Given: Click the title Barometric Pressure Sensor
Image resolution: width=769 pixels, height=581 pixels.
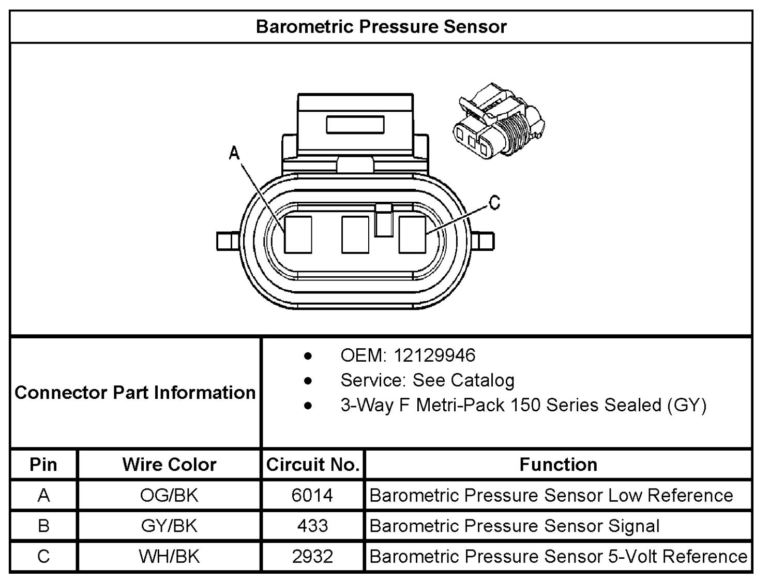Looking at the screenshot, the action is [x=381, y=26].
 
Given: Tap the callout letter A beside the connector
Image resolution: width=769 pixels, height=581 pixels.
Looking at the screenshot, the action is [x=234, y=153].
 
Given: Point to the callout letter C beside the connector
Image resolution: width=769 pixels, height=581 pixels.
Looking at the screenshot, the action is [x=494, y=202].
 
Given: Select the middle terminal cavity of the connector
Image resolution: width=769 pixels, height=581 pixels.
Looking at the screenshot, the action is [x=355, y=234].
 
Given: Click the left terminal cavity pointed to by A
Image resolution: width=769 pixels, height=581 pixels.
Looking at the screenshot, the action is [x=298, y=234].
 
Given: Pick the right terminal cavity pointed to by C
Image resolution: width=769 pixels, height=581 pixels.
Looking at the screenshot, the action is [x=412, y=234].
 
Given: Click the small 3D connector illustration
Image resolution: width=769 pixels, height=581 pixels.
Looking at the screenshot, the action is [x=499, y=122].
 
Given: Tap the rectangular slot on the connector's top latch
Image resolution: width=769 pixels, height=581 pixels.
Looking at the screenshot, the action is [x=355, y=125].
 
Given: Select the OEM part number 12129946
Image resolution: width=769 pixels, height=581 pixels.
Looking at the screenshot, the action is [x=434, y=355].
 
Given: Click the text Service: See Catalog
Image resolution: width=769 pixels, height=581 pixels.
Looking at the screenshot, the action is [x=427, y=380].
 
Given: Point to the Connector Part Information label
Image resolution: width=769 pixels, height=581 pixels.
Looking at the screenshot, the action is [x=135, y=392].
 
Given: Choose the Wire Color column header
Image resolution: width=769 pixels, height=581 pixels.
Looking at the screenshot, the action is [x=170, y=464].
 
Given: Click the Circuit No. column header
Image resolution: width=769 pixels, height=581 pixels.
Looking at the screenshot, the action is [x=313, y=464].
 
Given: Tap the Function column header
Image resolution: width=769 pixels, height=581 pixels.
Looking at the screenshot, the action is [x=559, y=464].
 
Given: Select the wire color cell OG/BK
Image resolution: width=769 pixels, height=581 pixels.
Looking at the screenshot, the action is [x=169, y=495].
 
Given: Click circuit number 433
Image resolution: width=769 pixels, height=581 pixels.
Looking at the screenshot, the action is [x=312, y=526].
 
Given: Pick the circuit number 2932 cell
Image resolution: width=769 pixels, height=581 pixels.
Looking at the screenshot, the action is [x=312, y=557].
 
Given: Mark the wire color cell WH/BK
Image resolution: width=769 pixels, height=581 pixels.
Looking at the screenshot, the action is [x=169, y=557].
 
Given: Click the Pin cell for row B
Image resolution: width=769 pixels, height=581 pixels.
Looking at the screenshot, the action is [x=43, y=526].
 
